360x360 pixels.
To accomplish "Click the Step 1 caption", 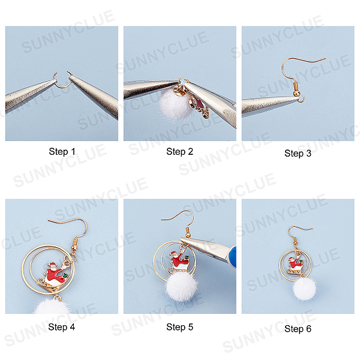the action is pos(62,152).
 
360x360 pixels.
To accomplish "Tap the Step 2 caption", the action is pos(180,152).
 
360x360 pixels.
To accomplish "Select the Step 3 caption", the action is pos(298,154).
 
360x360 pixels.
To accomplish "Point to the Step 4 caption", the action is pos(62,327).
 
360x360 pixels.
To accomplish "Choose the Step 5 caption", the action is pos(180,327).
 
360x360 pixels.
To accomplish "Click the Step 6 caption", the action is pos(298,329).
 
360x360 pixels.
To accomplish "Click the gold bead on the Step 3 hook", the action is pos(296,93).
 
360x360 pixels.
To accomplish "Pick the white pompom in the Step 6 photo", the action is pos(304,289).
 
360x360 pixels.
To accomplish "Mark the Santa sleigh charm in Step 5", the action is pos(179,261).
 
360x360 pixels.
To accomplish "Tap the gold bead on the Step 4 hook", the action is pos(74,248).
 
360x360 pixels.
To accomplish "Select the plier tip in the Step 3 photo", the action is pos(298,98).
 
